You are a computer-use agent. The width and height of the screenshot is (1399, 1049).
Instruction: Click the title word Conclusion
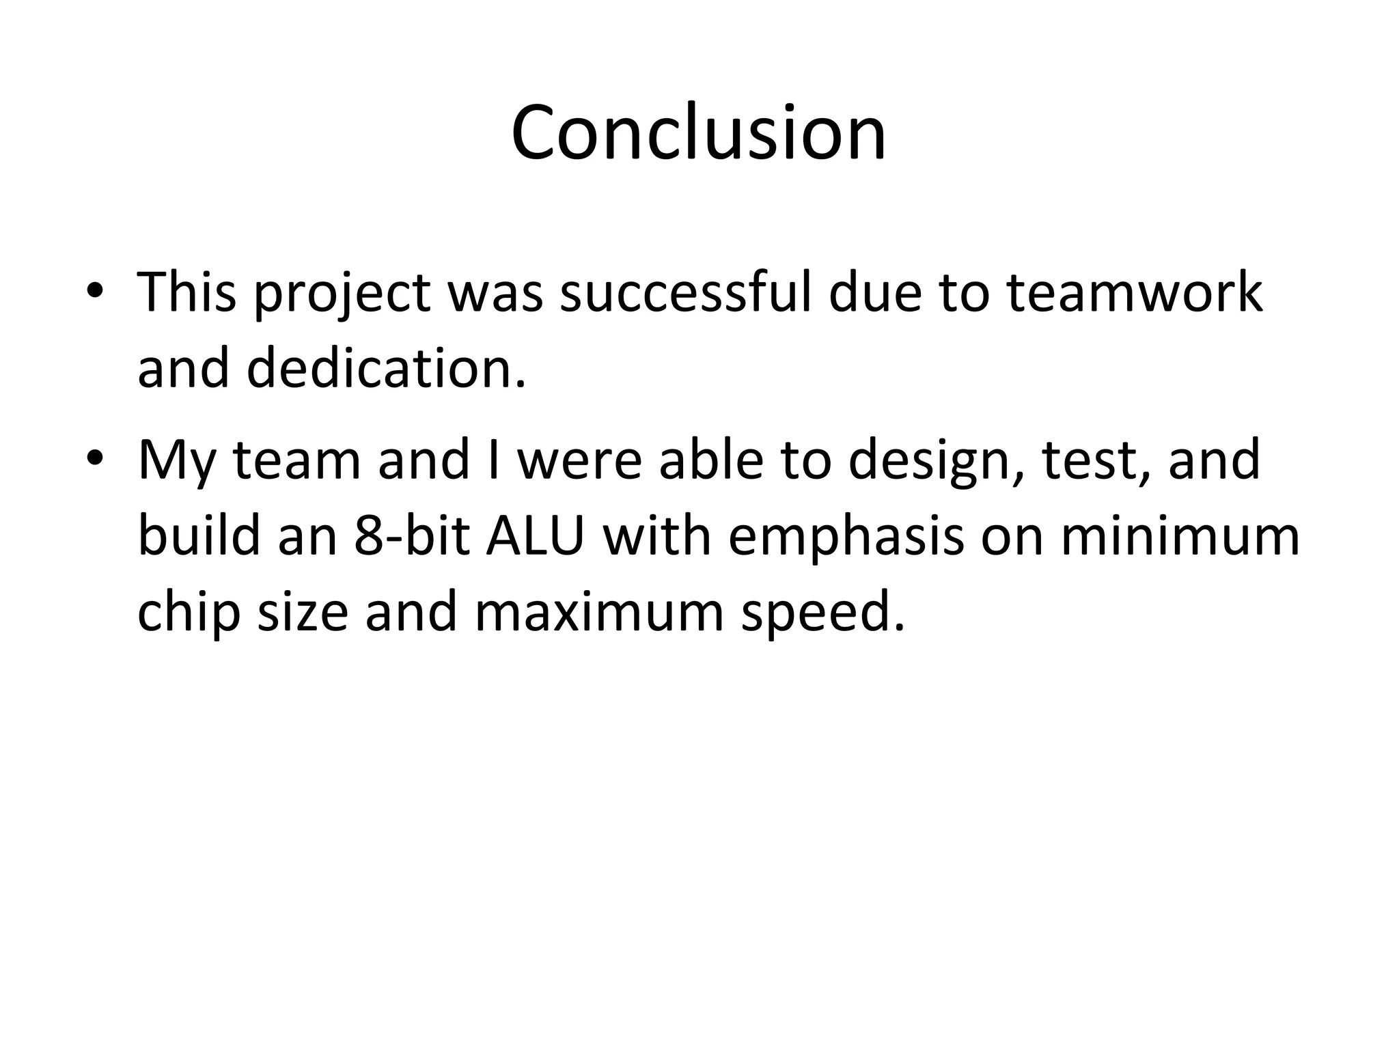(698, 132)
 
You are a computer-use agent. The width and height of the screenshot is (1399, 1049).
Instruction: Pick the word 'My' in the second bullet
(176, 462)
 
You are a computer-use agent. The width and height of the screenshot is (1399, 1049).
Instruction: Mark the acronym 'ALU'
(536, 535)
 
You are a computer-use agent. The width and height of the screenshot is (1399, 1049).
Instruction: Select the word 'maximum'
(598, 612)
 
